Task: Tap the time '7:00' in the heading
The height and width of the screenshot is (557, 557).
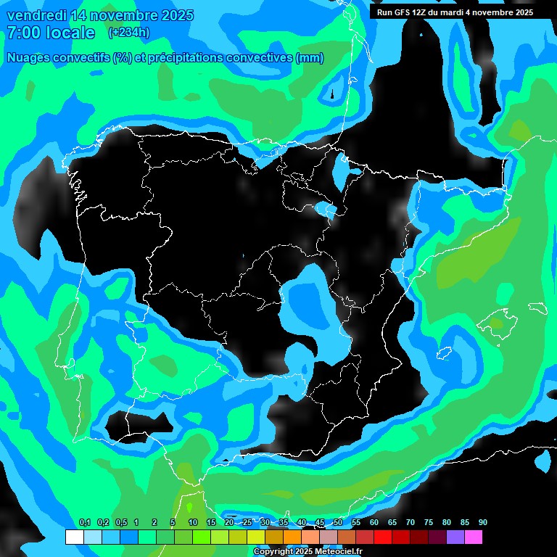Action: coord(23,33)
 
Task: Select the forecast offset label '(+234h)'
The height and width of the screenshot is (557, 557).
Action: coord(128,32)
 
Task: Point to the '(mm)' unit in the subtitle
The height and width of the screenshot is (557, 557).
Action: coord(310,58)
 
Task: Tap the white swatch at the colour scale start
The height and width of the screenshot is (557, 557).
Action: coord(74,537)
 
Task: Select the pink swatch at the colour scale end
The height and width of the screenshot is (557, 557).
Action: coord(473,537)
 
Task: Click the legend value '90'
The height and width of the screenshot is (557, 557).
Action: coord(482,523)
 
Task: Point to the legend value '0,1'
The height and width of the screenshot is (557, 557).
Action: coord(84,523)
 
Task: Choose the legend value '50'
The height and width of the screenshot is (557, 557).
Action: coord(338,523)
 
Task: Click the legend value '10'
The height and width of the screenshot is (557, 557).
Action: coord(192,523)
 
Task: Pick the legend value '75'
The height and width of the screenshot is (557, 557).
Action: coord(429,523)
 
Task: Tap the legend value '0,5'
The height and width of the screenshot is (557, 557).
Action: coord(121,523)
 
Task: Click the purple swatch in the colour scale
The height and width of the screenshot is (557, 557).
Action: coord(455,537)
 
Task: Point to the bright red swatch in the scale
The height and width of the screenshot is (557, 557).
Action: coord(382,537)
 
